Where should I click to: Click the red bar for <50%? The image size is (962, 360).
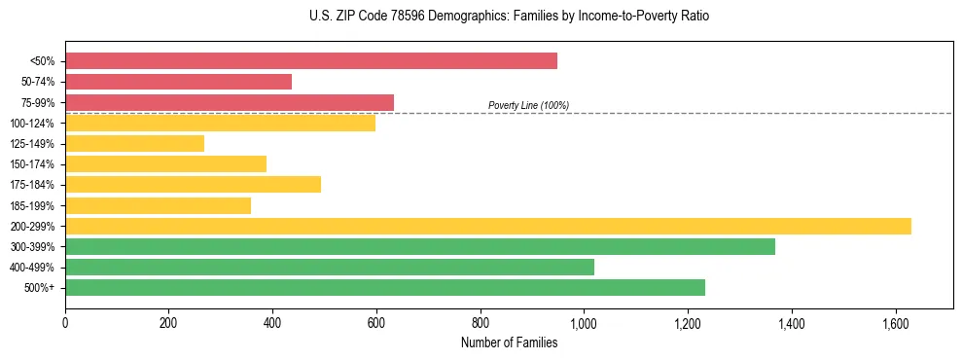pyautogui.click(x=311, y=61)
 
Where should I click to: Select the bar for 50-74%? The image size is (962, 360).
pyautogui.click(x=178, y=82)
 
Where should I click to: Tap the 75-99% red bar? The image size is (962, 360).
pyautogui.click(x=230, y=102)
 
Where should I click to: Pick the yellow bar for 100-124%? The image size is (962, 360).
pyautogui.click(x=220, y=124)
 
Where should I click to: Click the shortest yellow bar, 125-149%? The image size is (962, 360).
pyautogui.click(x=134, y=144)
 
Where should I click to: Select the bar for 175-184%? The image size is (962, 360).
pyautogui.click(x=193, y=185)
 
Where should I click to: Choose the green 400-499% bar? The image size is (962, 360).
pyautogui.click(x=330, y=267)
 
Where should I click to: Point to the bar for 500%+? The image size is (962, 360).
pyautogui.click(x=385, y=287)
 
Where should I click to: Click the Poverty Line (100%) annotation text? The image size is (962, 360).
pyautogui.click(x=528, y=105)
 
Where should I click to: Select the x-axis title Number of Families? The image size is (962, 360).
pyautogui.click(x=509, y=342)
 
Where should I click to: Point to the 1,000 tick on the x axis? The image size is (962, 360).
pyautogui.click(x=584, y=321)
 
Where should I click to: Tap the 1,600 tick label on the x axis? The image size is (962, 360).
pyautogui.click(x=895, y=321)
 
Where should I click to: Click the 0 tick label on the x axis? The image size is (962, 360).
pyautogui.click(x=65, y=321)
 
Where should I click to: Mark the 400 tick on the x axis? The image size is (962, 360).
pyautogui.click(x=272, y=321)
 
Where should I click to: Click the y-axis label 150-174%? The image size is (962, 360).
pyautogui.click(x=32, y=164)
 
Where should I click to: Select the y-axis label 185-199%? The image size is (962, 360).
pyautogui.click(x=32, y=205)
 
